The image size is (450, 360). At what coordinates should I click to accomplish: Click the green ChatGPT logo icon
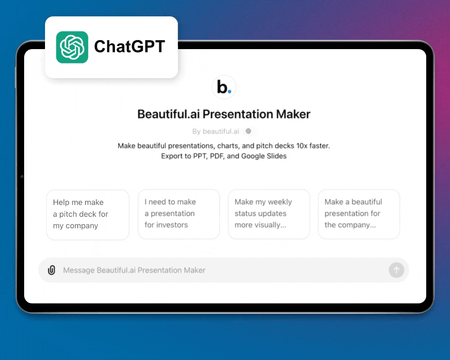pos(72,47)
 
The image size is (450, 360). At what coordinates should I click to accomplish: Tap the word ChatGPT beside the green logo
pos(129,47)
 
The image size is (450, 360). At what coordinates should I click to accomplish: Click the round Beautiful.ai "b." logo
pos(224,87)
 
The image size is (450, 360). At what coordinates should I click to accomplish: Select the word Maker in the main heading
pos(293,114)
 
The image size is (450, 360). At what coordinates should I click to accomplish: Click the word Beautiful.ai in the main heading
pos(169,114)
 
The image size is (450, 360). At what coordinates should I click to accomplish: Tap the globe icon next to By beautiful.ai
pos(249,131)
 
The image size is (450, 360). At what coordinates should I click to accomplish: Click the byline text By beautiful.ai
pos(216,131)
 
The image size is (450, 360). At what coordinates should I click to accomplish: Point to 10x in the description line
pos(301,146)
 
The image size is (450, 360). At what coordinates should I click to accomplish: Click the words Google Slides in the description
pos(264,156)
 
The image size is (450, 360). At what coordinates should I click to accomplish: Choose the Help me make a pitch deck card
pos(88,215)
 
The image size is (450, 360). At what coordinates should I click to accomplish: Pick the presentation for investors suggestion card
pos(179,214)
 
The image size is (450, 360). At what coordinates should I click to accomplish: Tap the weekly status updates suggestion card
pos(269,214)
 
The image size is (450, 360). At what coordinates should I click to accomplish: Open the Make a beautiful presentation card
pos(359,214)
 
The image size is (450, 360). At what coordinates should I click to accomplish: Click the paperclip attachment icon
pos(52,270)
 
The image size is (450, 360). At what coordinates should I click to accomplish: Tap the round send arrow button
pos(396,270)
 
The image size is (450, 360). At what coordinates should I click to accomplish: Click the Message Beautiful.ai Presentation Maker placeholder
pos(134,270)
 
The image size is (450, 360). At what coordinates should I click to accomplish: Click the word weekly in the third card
pos(280,202)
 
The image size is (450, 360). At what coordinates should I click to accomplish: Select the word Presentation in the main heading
pos(238,114)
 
